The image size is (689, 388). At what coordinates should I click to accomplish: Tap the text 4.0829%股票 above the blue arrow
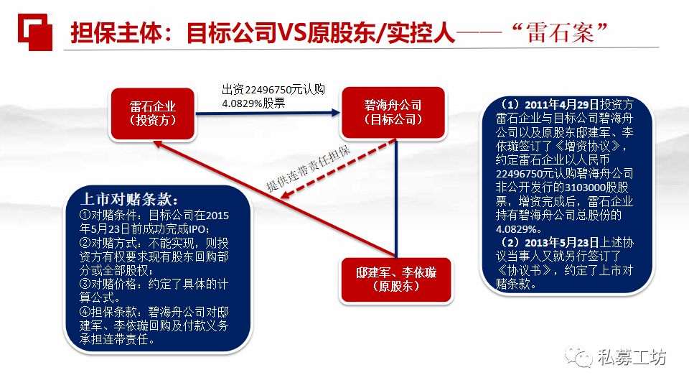253,102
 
